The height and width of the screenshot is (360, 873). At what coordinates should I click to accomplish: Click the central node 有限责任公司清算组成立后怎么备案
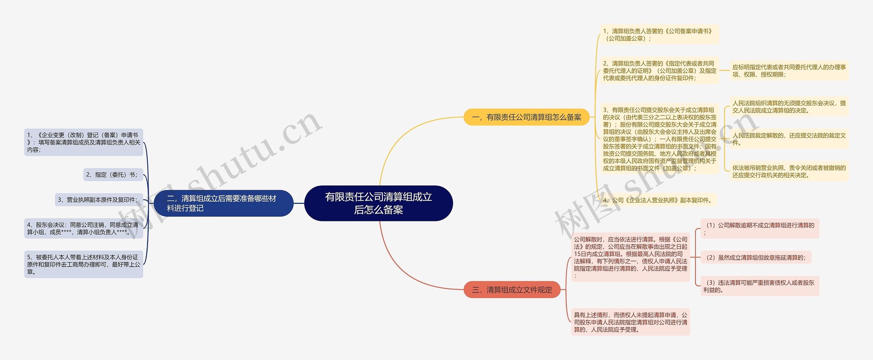(x=379, y=203)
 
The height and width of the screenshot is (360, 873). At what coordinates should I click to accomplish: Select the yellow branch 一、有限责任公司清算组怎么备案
(x=527, y=117)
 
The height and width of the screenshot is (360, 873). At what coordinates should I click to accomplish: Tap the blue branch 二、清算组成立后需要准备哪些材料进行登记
(x=223, y=203)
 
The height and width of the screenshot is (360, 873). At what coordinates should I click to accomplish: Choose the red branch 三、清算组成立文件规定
(x=512, y=290)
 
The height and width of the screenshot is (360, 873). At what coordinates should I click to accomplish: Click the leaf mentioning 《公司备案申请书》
(x=659, y=35)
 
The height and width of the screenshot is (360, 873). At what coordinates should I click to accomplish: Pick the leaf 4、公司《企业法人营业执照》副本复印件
(x=658, y=200)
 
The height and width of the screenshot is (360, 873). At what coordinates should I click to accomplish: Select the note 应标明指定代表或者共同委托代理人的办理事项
(x=789, y=71)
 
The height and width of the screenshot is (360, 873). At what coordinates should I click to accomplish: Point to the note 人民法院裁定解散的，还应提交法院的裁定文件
(x=789, y=139)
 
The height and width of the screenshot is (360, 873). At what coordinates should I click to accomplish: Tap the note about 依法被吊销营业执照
(x=789, y=171)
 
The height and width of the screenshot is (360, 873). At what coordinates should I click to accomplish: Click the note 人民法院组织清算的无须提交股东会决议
(x=789, y=107)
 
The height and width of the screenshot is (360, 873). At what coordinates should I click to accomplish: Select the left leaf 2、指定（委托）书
(x=113, y=175)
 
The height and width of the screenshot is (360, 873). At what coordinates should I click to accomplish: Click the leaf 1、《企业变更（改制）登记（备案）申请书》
(x=84, y=142)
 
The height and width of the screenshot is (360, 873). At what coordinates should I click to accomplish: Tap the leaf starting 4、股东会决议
(x=84, y=228)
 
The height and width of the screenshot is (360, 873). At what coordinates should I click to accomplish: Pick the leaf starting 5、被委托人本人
(x=84, y=265)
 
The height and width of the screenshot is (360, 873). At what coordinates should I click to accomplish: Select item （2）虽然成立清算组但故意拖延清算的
(x=756, y=258)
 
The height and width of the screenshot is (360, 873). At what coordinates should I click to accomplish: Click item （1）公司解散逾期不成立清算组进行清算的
(x=760, y=229)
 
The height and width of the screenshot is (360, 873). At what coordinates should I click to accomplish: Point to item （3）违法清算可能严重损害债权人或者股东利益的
(x=760, y=286)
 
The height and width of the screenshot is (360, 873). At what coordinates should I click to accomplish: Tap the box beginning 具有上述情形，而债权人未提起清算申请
(x=631, y=322)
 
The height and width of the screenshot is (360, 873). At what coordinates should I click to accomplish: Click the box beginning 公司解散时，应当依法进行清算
(x=631, y=257)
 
